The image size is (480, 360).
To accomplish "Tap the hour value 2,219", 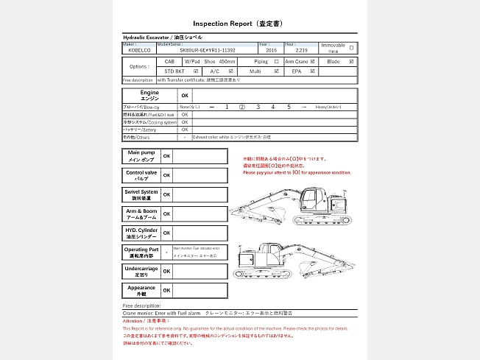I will pyautogui.click(x=291, y=51).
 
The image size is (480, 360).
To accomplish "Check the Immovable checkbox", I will pyautogui.click(x=351, y=48).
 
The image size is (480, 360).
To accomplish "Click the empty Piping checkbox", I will pyautogui.click(x=276, y=62).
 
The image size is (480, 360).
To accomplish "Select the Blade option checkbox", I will pyautogui.click(x=352, y=62).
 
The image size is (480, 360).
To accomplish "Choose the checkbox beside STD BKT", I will pyautogui.click(x=195, y=71).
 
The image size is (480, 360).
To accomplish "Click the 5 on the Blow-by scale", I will pyautogui.click(x=289, y=107).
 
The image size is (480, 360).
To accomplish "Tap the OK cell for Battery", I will pyautogui.click(x=185, y=130).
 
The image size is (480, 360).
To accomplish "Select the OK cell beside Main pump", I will pyautogui.click(x=166, y=156).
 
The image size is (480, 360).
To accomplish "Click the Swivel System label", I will pyautogui.click(x=141, y=194).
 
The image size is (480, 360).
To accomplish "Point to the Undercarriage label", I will pyautogui.click(x=141, y=271).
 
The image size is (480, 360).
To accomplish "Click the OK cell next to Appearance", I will pyautogui.click(x=166, y=290).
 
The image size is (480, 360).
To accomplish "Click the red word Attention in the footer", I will pyautogui.click(x=133, y=321).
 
